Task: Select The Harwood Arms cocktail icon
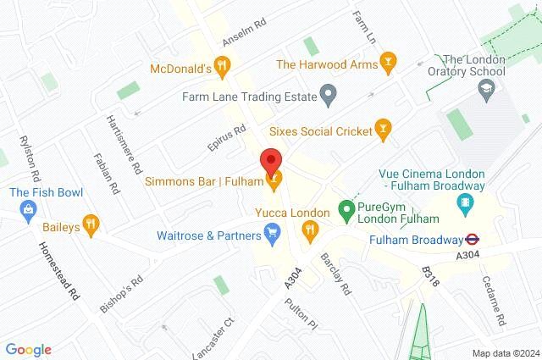[x=388, y=60]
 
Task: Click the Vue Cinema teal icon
[x=463, y=202]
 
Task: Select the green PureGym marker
[x=346, y=207]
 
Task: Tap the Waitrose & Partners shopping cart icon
[x=273, y=231]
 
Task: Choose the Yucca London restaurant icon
[x=311, y=228]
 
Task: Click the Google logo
[x=28, y=349]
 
